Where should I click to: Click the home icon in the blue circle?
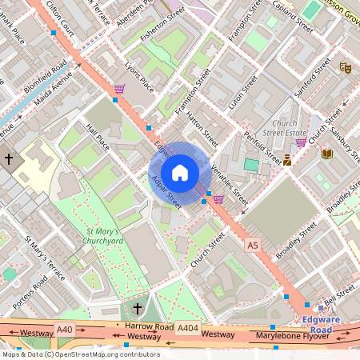180,173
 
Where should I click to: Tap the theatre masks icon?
345,69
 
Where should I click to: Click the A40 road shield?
65,328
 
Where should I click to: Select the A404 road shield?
187,328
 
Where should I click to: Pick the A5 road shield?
254,243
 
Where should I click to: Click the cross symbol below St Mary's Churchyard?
137,308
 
